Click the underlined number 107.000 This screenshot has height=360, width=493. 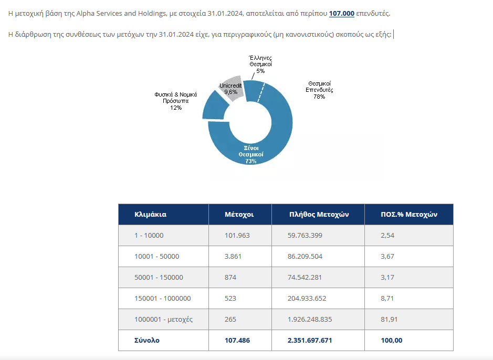click(x=342, y=14)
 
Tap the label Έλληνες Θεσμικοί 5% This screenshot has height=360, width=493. click(x=260, y=64)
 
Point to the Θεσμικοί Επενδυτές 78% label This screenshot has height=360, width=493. click(x=320, y=90)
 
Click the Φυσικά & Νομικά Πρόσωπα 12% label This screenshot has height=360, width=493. click(x=175, y=101)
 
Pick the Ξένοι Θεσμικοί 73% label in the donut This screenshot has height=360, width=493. click(x=251, y=154)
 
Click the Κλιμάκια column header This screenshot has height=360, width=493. click(x=151, y=215)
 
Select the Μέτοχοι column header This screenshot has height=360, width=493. click(x=239, y=215)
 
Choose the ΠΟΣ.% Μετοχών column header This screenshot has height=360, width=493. click(x=409, y=215)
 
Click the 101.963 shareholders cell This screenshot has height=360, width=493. click(x=237, y=235)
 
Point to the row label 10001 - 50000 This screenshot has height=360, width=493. click(x=157, y=256)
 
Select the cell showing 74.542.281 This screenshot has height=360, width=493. click(x=305, y=277)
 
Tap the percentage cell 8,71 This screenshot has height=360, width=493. click(x=387, y=298)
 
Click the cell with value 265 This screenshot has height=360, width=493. click(x=230, y=319)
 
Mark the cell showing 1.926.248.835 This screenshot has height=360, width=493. click(x=310, y=319)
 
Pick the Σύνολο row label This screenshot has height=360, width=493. click(x=147, y=340)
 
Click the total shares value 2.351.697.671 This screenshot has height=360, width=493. click(x=310, y=340)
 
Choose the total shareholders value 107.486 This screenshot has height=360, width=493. click(x=237, y=340)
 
